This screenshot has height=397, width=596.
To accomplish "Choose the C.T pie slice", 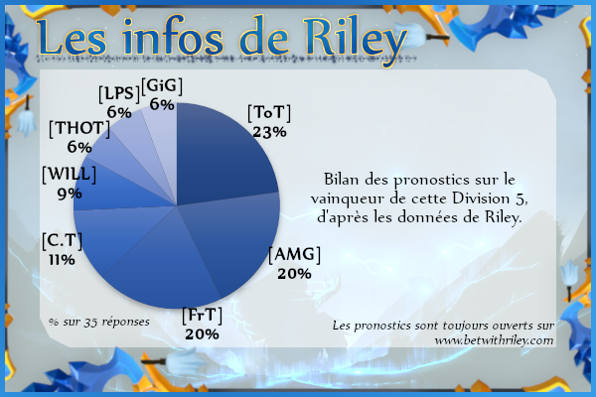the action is click(110, 235).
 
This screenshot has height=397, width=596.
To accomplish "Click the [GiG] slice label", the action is click(162, 86).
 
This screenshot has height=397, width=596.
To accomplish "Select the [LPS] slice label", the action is click(119, 94).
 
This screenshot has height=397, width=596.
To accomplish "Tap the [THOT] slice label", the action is click(79, 129).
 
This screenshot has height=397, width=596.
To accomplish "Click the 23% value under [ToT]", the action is click(269, 132).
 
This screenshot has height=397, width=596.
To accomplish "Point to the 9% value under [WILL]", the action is click(70, 194).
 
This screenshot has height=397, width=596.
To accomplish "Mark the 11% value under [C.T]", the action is click(62, 260).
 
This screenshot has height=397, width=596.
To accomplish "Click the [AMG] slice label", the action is click(295, 254).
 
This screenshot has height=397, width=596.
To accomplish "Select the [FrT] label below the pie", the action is click(203, 316).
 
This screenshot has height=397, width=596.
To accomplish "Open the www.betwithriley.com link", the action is click(494, 340).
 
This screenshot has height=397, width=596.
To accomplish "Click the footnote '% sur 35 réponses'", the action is click(99, 323).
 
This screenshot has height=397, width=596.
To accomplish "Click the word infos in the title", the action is click(173, 36).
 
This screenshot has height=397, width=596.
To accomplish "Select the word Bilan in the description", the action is click(342, 179).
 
